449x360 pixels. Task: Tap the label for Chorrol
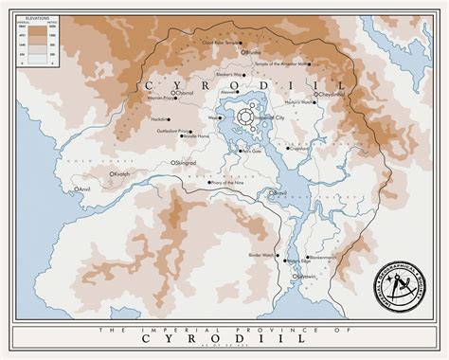coord(185,93)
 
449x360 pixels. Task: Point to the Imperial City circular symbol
coord(246,117)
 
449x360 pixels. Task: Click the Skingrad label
coord(186,163)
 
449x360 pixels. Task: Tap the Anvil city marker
coord(77,189)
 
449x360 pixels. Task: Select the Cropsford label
coord(299,147)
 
